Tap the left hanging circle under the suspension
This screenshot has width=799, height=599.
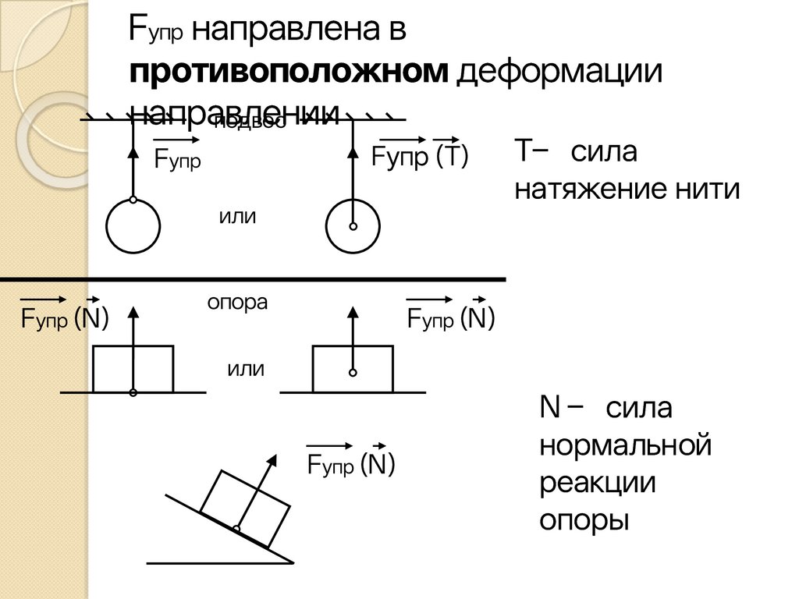pos(133,226)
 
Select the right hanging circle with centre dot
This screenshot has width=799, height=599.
pos(353,226)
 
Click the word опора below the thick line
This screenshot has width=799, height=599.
pos(237,303)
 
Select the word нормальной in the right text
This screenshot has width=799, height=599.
pos(626,446)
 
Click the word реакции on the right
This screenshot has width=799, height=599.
pos(598,483)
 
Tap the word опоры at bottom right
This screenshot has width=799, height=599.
pos(584,519)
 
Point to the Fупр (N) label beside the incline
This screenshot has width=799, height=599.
pos(351,466)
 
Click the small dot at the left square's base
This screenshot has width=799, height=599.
pos(133,392)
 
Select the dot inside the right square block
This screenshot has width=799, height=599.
pos(353,371)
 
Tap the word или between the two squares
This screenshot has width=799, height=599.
pos(246,369)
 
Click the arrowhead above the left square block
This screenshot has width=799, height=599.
pos(133,314)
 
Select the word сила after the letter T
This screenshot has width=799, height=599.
pos(603,153)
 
